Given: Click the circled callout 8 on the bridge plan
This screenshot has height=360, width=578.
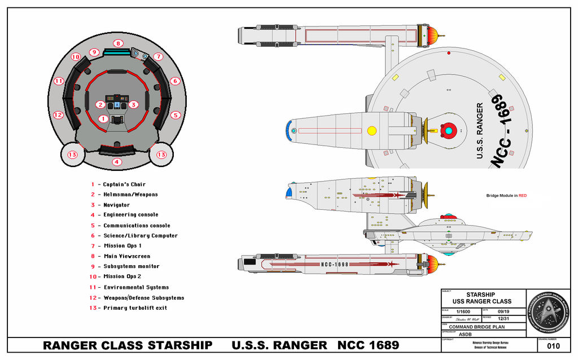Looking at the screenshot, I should point(117,43).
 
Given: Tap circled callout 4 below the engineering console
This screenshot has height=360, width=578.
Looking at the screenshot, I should point(117,162).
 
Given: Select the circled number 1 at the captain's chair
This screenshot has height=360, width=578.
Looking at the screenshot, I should point(103,118).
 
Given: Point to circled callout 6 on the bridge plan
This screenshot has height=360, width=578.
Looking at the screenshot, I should point(175,81).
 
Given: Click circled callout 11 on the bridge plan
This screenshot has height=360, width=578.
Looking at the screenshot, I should point(59,81).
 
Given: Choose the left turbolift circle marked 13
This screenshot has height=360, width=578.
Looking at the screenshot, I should point(72,155).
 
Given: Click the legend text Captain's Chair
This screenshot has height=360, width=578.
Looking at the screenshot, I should point(124,185).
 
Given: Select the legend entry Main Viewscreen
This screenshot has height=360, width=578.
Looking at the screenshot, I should point(126,256).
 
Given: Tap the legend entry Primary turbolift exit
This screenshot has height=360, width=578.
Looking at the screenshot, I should point(135,308).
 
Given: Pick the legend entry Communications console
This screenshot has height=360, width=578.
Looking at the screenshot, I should point(136,226).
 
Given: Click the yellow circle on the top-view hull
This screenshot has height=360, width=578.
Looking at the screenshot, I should point(371,131).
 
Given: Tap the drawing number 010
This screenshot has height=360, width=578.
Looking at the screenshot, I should point(553,346).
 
